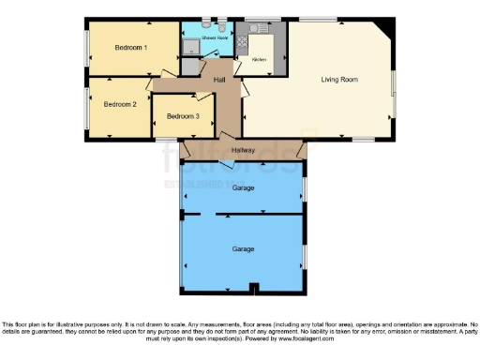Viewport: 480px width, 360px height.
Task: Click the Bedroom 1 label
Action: pyautogui.click(x=131, y=47)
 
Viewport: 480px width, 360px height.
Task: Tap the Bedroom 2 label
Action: pyautogui.click(x=120, y=104)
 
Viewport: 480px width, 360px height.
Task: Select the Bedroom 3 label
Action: pyautogui.click(x=183, y=115)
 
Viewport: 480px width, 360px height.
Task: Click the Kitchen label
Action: pyautogui.click(x=259, y=60)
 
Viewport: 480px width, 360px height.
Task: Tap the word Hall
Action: pyautogui.click(x=219, y=80)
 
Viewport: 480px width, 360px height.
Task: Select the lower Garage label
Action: pyautogui.click(x=244, y=249)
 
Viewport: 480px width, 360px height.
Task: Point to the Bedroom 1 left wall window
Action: pyautogui.click(x=86, y=46)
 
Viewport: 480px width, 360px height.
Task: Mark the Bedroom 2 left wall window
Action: pyautogui.click(x=86, y=105)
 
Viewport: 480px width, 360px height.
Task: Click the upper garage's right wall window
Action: pyautogui.click(x=306, y=188)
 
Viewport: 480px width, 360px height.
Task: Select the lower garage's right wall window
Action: pyautogui.click(x=306, y=253)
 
